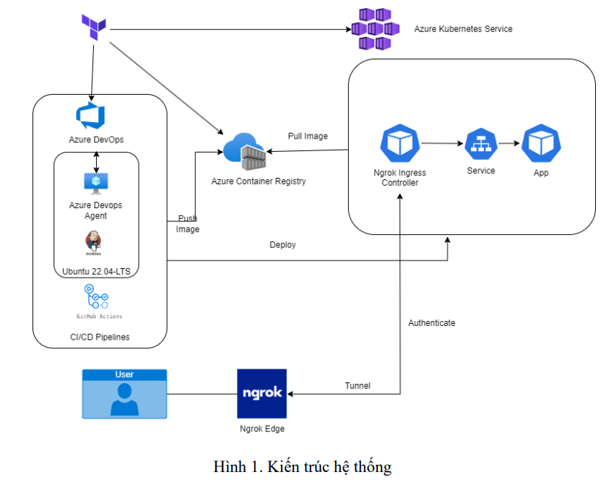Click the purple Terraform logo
pyautogui.click(x=93, y=27)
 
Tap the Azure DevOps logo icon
pyautogui.click(x=91, y=116)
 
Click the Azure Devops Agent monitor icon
pyautogui.click(x=95, y=183)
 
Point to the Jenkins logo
pyautogui.click(x=93, y=242)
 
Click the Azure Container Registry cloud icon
pyautogui.click(x=243, y=150)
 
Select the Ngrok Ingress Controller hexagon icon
pyautogui.click(x=400, y=142)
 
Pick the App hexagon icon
pyautogui.click(x=540, y=143)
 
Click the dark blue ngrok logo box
pyautogui.click(x=261, y=394)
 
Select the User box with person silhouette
pyautogui.click(x=124, y=394)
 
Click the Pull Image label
pyautogui.click(x=308, y=136)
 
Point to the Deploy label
pyautogui.click(x=282, y=245)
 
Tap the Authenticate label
pyautogui.click(x=432, y=323)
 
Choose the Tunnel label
pyautogui.click(x=357, y=386)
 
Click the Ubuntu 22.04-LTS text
pyautogui.click(x=97, y=272)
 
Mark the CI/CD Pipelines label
pyautogui.click(x=100, y=336)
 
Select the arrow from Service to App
pyautogui.click(x=508, y=143)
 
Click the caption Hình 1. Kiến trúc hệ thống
pyautogui.click(x=303, y=467)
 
